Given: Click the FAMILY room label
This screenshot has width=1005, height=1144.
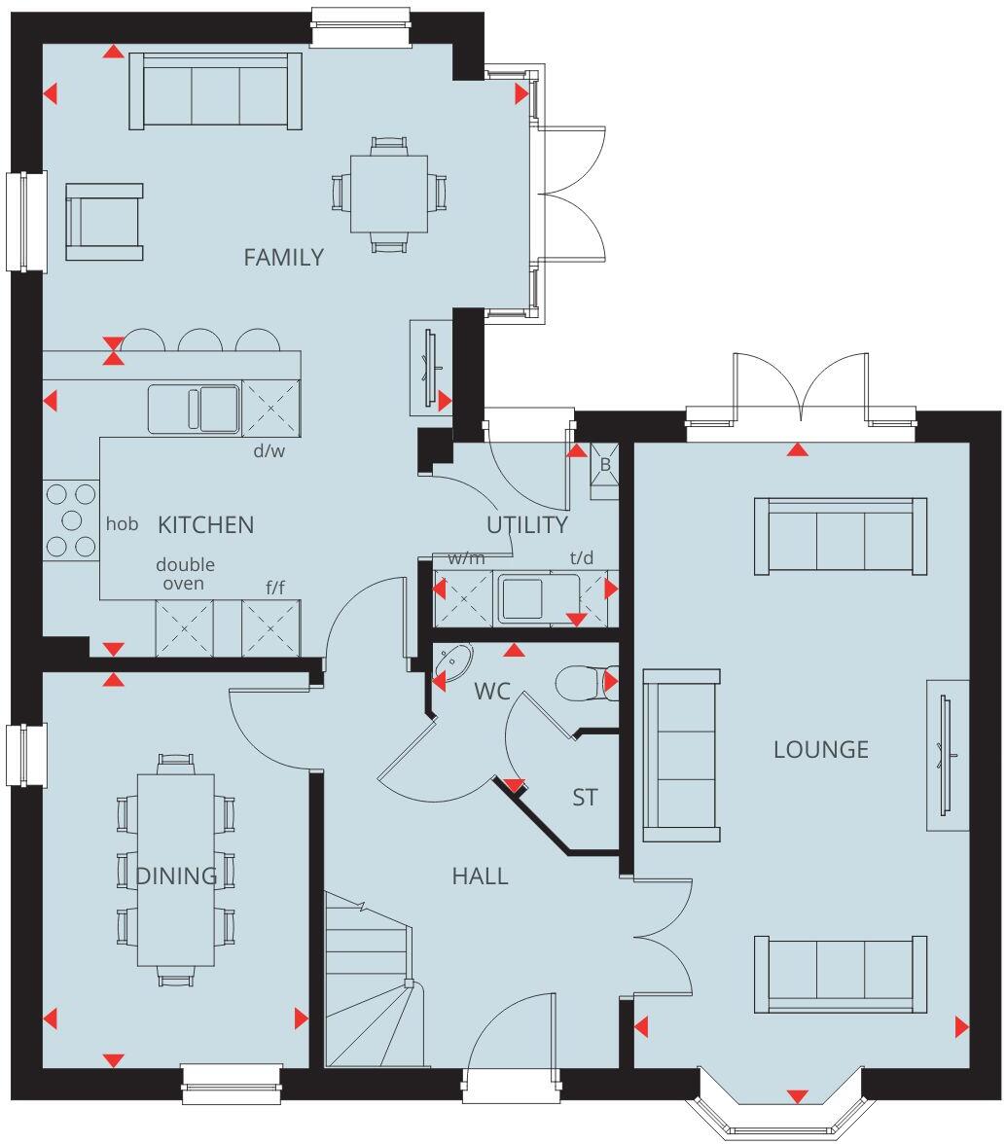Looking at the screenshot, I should pyautogui.click(x=283, y=258).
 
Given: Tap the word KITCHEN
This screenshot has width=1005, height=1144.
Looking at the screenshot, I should pyautogui.click(x=205, y=525).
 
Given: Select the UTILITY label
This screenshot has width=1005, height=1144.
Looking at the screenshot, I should pyautogui.click(x=527, y=525).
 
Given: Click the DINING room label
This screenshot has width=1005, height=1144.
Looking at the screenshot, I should pyautogui.click(x=176, y=876).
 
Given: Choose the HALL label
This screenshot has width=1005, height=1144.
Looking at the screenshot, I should pyautogui.click(x=480, y=876).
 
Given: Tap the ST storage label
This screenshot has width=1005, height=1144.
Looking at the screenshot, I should pyautogui.click(x=584, y=798).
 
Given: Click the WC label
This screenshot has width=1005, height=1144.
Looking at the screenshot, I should pyautogui.click(x=492, y=692).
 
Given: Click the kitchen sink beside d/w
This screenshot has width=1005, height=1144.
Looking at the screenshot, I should pyautogui.click(x=194, y=409).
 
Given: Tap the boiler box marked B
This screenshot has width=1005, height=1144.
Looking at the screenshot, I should pyautogui.click(x=604, y=465).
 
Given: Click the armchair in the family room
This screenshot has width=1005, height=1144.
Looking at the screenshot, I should pyautogui.click(x=104, y=222).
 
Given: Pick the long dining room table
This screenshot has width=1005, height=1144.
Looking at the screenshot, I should pyautogui.click(x=176, y=868).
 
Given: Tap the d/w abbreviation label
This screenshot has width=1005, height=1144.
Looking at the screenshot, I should pyautogui.click(x=269, y=449).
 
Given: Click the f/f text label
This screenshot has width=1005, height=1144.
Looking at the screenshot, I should pyautogui.click(x=276, y=587).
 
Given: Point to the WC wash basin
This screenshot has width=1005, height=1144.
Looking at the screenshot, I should pyautogui.click(x=452, y=661).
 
